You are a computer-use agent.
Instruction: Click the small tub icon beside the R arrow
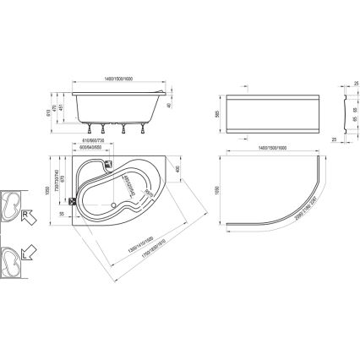(x=11, y=204)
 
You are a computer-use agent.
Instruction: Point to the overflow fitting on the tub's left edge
(x=73, y=201)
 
